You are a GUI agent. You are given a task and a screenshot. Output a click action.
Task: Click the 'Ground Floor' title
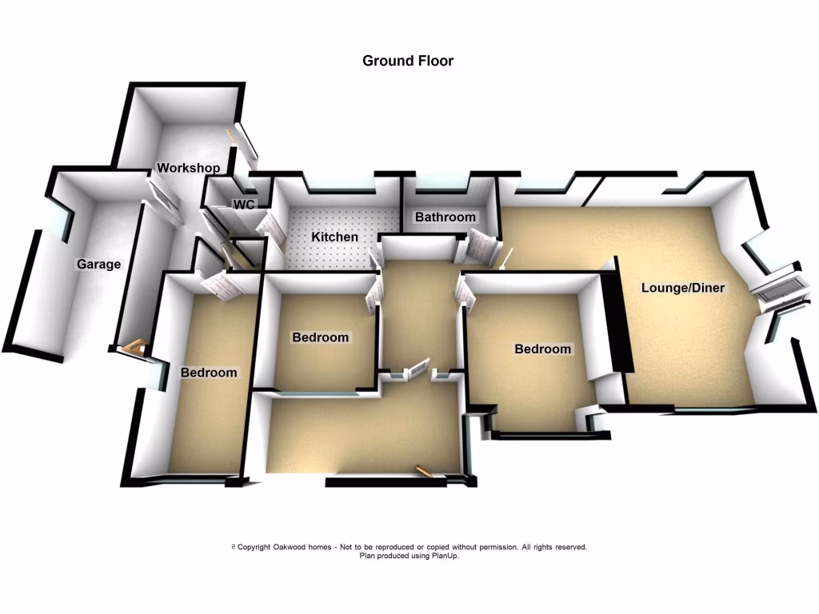tap(408, 61)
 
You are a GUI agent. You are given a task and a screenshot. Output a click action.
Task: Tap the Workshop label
tap(188, 168)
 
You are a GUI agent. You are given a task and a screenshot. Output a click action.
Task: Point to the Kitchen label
tap(334, 237)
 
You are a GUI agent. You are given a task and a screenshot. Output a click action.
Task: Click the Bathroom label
tap(445, 217)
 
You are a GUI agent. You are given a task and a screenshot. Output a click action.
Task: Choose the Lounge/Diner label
tap(682, 288)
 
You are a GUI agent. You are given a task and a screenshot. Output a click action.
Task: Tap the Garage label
tap(98, 265)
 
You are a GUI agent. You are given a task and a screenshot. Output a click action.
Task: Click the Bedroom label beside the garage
tap(208, 373)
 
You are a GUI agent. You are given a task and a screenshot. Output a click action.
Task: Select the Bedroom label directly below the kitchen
tap(320, 337)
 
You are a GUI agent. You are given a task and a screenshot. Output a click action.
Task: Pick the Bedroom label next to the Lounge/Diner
tap(542, 349)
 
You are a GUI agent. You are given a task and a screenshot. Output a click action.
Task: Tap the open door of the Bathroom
tap(482, 246)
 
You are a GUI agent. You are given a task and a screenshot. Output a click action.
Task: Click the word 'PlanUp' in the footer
tap(442, 556)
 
